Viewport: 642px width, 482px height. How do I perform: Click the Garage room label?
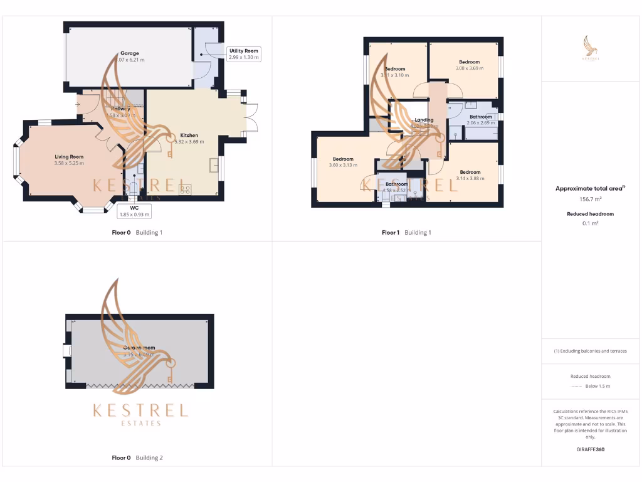[130, 53]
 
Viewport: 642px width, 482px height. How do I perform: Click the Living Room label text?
[69, 157]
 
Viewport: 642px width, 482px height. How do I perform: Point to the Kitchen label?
[189, 136]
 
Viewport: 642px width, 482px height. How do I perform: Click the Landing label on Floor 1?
[424, 120]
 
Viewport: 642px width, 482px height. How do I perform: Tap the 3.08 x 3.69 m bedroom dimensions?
[469, 68]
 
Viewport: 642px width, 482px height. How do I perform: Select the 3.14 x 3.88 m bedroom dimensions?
[470, 179]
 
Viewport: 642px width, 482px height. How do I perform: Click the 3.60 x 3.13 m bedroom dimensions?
[343, 166]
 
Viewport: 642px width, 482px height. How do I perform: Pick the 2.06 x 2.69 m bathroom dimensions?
[481, 123]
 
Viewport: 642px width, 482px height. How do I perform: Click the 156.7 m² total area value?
[589, 199]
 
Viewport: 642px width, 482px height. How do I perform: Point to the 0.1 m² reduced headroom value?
[589, 223]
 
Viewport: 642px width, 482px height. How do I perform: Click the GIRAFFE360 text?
[590, 449]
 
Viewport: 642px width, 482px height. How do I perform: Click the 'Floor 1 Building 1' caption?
[406, 233]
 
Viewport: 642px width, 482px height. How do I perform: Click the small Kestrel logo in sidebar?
[590, 48]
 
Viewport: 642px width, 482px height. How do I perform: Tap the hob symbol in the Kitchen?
[186, 188]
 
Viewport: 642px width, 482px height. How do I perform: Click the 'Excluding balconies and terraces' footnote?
[590, 351]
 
